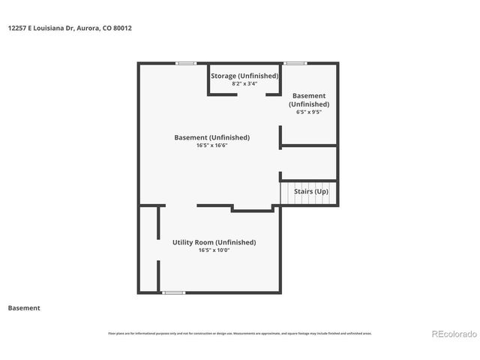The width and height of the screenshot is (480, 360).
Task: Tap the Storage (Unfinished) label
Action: (x=244, y=76)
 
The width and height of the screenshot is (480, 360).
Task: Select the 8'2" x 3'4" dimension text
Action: (x=244, y=83)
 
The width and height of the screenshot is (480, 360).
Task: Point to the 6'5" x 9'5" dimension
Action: (x=309, y=112)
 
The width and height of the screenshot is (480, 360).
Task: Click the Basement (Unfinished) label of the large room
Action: (x=211, y=137)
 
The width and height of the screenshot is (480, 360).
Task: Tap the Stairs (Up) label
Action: (x=310, y=192)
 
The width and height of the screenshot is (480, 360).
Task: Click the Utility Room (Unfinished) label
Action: (x=214, y=242)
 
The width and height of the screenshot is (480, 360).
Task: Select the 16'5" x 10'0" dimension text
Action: (x=214, y=250)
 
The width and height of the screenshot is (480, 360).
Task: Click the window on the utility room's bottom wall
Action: (x=174, y=292)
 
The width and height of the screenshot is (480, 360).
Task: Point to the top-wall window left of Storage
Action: (x=186, y=63)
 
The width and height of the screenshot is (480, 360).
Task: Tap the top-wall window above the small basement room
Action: (x=295, y=63)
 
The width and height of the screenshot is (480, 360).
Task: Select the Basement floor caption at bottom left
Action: (x=24, y=308)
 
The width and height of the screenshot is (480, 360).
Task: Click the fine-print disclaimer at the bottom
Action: (x=240, y=333)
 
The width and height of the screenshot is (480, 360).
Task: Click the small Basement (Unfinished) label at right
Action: (x=309, y=100)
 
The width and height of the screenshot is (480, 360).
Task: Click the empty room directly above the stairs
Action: (x=309, y=163)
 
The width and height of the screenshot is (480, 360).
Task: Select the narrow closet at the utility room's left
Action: (x=148, y=247)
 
